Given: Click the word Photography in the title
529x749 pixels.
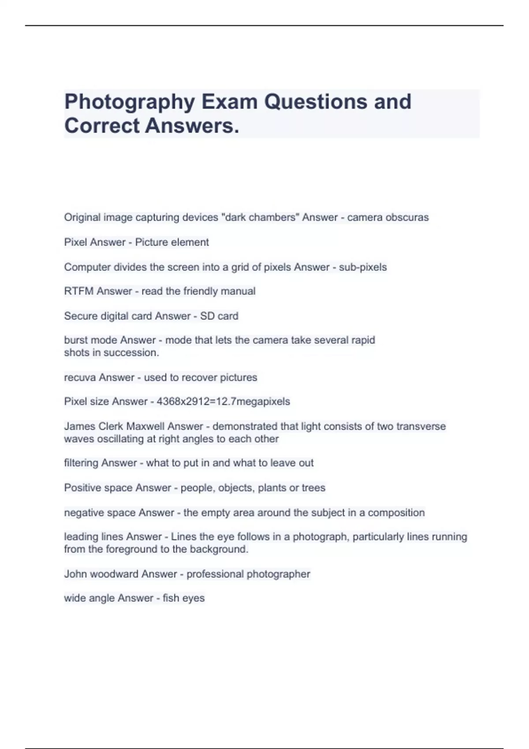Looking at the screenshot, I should click(x=130, y=102).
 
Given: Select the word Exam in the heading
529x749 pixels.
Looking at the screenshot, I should click(x=229, y=102).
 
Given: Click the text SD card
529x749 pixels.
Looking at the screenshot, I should click(x=219, y=316).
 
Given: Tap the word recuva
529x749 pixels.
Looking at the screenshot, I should click(x=80, y=378).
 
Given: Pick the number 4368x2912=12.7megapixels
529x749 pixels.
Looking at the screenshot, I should click(x=223, y=401).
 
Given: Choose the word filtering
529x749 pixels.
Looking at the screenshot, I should click(x=81, y=463).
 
